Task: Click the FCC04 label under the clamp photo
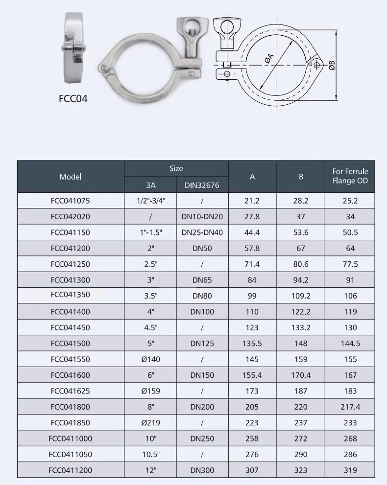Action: (x=73, y=98)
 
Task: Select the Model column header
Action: (x=71, y=177)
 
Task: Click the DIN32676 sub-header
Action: (x=202, y=185)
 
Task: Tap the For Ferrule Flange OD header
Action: (x=350, y=176)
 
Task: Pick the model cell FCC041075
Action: (x=71, y=201)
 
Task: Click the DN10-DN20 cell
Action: (x=202, y=216)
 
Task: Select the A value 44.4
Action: (x=252, y=232)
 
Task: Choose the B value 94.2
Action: (x=301, y=280)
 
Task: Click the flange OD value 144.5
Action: (x=350, y=344)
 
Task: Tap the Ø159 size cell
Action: (x=150, y=391)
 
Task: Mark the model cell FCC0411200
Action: (x=71, y=470)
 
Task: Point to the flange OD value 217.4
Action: (x=350, y=407)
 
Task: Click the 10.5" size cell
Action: (x=150, y=454)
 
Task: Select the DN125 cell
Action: (x=202, y=344)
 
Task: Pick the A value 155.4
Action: (x=252, y=375)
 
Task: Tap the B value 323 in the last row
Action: (x=301, y=470)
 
